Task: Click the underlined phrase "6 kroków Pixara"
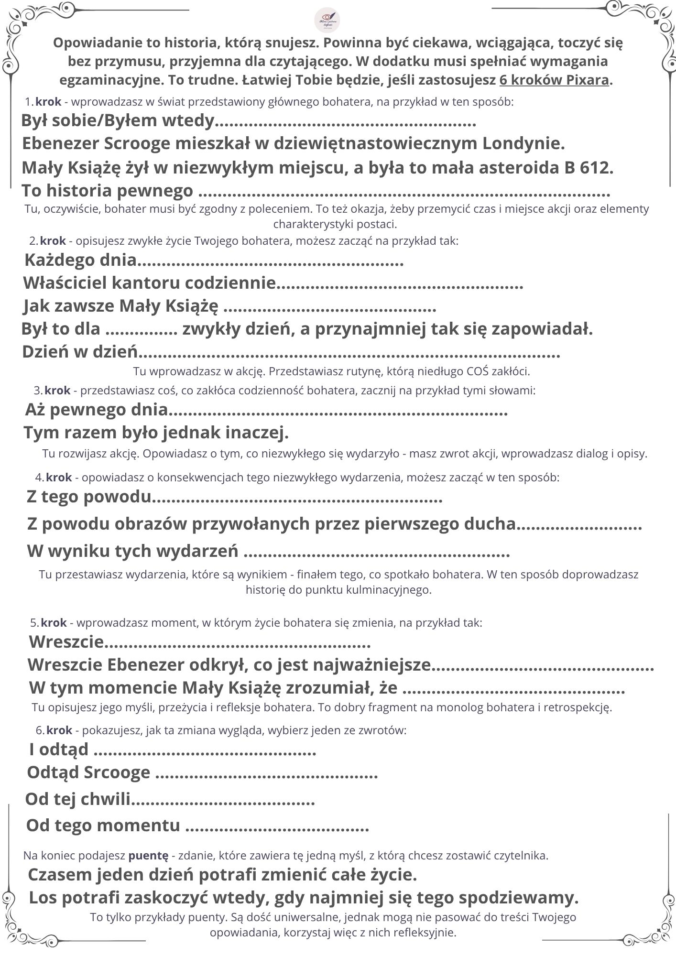[x=555, y=80]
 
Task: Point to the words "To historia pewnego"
[x=108, y=191]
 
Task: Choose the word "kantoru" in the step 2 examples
[x=146, y=283]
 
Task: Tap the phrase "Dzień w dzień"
[x=80, y=352]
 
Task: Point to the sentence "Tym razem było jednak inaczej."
[x=156, y=433]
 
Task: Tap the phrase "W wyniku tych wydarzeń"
[x=132, y=551]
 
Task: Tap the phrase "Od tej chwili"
[x=77, y=798]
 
